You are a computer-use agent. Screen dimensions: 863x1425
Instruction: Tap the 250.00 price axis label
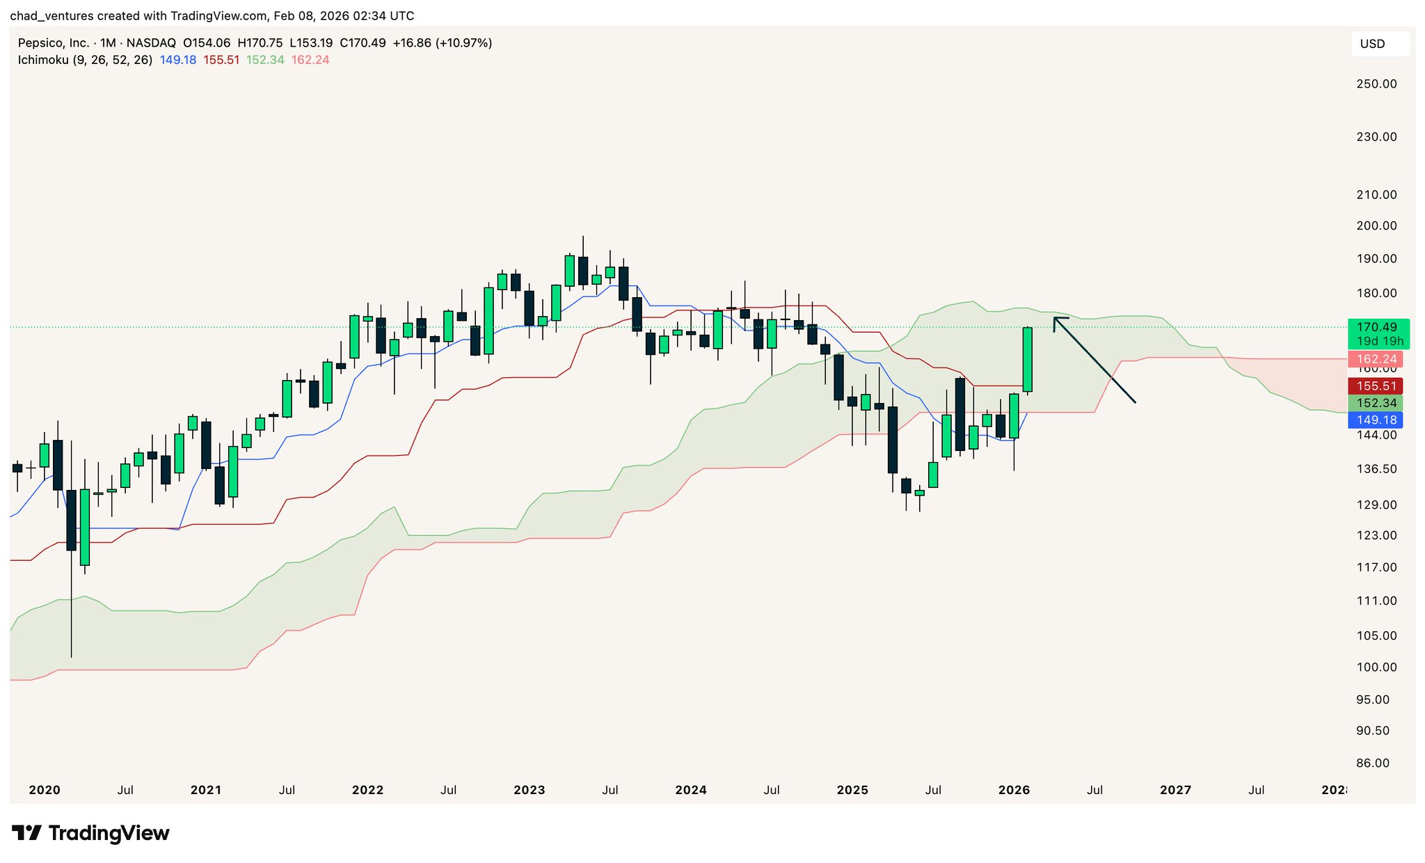(x=1376, y=84)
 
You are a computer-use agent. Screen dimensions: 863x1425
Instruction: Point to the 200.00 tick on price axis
(x=1376, y=225)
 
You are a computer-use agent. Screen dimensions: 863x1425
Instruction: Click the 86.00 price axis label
(x=1373, y=763)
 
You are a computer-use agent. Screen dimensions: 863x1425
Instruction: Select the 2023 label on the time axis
(x=529, y=790)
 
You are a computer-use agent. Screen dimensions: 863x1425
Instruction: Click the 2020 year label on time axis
(x=45, y=790)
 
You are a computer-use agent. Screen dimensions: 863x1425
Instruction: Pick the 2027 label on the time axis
(x=1175, y=790)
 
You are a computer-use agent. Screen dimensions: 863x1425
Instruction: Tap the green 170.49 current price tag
(x=1378, y=327)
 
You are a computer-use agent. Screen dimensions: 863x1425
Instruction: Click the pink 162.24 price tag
(x=1375, y=359)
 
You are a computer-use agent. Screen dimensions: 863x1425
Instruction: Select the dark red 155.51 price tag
(x=1375, y=386)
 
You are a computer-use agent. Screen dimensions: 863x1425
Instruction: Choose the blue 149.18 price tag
(x=1375, y=420)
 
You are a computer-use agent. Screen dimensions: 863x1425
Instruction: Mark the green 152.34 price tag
(x=1375, y=403)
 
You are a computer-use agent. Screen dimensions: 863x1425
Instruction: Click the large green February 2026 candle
(x=1027, y=359)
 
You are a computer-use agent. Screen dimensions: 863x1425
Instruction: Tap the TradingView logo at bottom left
(x=90, y=833)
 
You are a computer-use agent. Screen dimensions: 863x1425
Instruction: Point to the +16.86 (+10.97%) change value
(x=443, y=43)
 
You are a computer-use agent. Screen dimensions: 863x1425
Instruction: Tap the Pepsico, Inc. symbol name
(x=54, y=43)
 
